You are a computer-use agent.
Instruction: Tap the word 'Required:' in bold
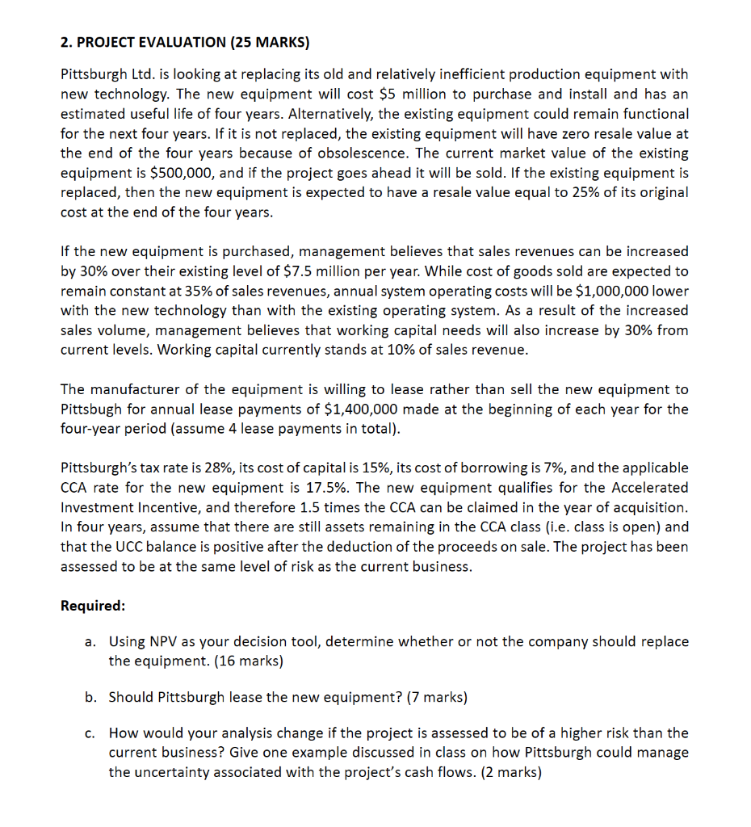click(x=93, y=606)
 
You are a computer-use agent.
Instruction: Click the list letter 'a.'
click(x=90, y=642)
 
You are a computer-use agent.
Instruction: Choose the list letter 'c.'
click(x=90, y=733)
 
